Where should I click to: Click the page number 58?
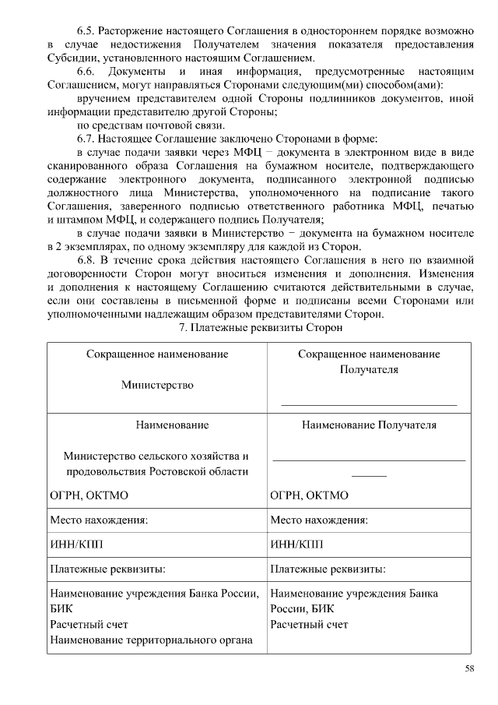pyautogui.click(x=470, y=668)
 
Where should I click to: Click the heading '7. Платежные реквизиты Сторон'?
pyautogui.click(x=261, y=329)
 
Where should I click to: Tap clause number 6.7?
pyautogui.click(x=90, y=138)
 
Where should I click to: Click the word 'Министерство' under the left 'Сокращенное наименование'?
pyautogui.click(x=157, y=384)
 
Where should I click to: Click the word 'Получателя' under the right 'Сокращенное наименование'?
pyautogui.click(x=369, y=369)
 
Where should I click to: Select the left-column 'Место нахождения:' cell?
pyautogui.click(x=99, y=520)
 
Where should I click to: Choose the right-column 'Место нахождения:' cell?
pyautogui.click(x=319, y=520)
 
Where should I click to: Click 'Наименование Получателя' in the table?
pyautogui.click(x=369, y=425)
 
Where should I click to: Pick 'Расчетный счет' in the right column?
pyautogui.click(x=309, y=625)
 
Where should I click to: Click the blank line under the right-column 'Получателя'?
pyautogui.click(x=369, y=403)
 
